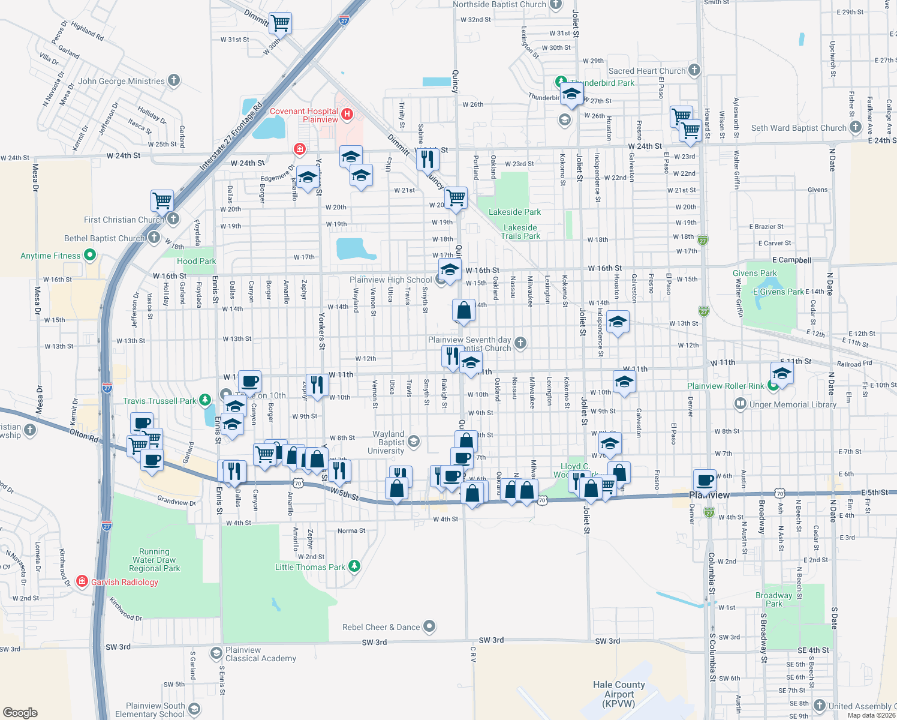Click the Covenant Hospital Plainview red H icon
pos(347,114)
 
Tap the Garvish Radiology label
pos(125,582)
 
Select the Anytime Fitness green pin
pos(90,256)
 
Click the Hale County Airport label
pos(619,694)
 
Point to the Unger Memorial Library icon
pos(741,404)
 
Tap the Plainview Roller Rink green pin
pos(773,386)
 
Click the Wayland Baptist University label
pos(388,442)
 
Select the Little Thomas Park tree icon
pos(354,566)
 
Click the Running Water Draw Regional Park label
pos(154,560)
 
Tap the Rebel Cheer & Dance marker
pos(429,627)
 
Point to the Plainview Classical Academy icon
pos(216,653)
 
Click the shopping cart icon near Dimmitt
pos(280,23)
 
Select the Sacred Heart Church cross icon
pos(694,70)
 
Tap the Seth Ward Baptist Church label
pos(799,128)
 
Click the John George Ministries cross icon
pos(173,80)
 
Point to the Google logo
pos(20,712)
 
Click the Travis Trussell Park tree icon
pos(205,400)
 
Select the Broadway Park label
pos(773,599)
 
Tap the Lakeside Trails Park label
pos(520,232)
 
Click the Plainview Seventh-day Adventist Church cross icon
pos(520,343)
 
